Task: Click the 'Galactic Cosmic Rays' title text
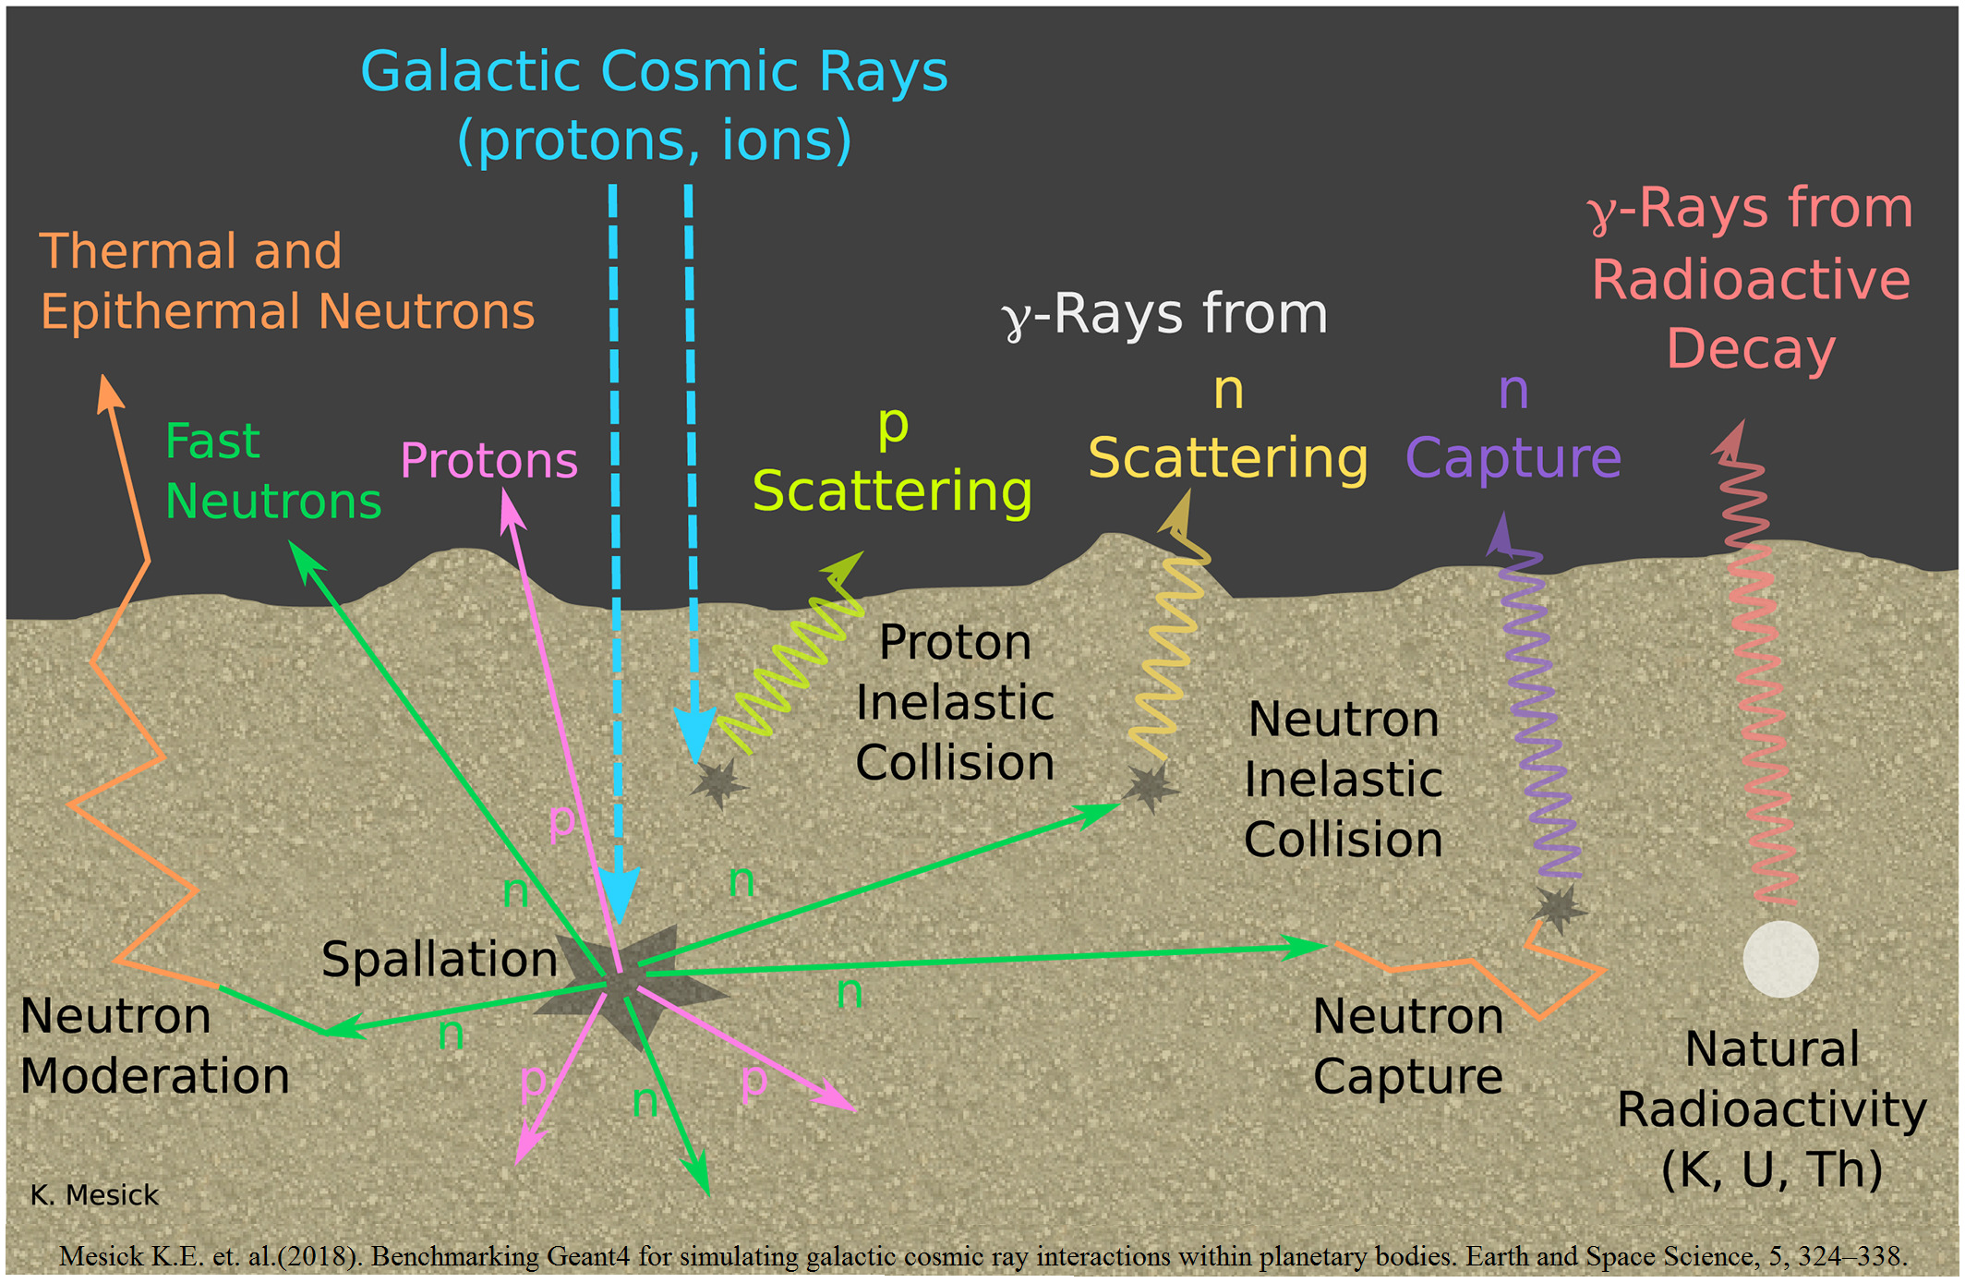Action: coord(654,72)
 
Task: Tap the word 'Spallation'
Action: coord(440,959)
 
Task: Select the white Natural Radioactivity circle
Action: coord(1780,959)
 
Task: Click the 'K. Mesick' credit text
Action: coord(94,1195)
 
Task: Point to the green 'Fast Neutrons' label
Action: coord(272,471)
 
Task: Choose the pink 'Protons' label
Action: coord(488,460)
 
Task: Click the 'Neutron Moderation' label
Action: coord(154,1046)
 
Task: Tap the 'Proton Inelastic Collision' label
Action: coord(955,702)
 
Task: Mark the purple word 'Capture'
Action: coord(1513,458)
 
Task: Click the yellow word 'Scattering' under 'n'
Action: coord(1227,458)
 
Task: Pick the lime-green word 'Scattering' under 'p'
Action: coord(892,490)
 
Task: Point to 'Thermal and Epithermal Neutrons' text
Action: coord(286,281)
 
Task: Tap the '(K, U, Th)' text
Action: coord(1771,1169)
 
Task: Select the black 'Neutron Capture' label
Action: coord(1407,1046)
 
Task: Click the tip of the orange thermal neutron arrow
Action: coord(105,381)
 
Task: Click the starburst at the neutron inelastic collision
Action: coord(1150,787)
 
